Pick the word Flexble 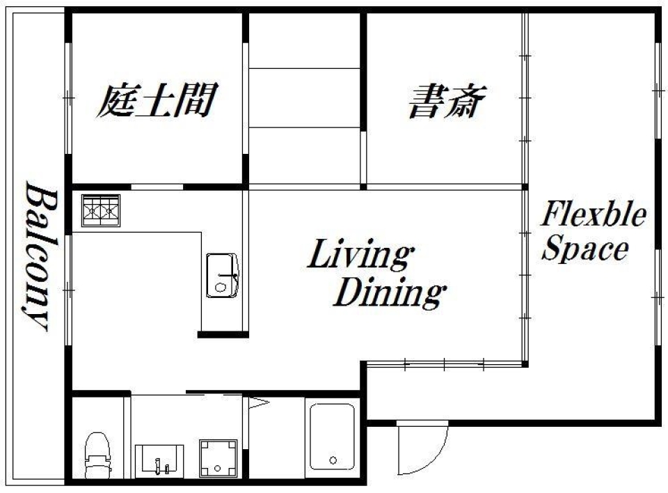(594, 216)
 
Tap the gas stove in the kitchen (101, 210)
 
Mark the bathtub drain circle (333, 460)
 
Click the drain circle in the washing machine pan (218, 467)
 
